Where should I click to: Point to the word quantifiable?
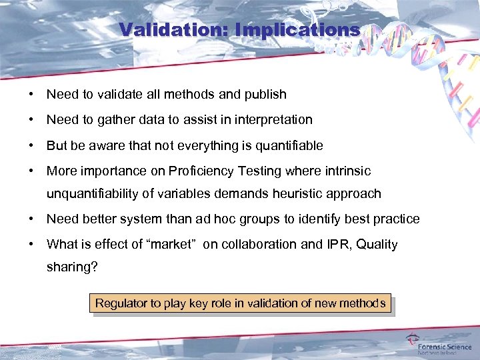pyautogui.click(x=284, y=145)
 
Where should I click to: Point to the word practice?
pyautogui.click(x=396, y=219)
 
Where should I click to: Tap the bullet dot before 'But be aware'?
pyautogui.click(x=31, y=145)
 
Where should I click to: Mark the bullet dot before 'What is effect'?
pyautogui.click(x=31, y=244)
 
